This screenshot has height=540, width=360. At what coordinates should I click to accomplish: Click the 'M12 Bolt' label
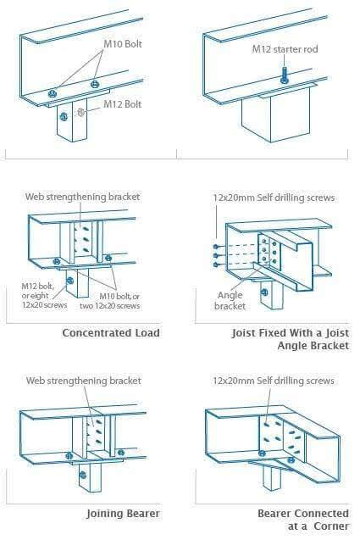point(122,104)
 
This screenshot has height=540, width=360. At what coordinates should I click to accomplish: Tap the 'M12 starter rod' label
point(280,49)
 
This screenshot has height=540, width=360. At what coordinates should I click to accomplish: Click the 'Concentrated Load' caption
point(111,333)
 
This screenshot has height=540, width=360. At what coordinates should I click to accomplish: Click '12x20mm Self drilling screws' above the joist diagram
point(273,197)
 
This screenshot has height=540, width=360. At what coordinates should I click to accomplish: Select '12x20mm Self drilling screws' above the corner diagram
point(273,381)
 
